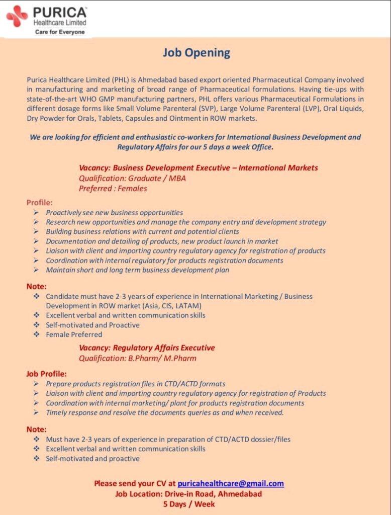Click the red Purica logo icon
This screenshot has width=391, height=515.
click(17, 17)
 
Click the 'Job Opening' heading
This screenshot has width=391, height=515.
click(196, 52)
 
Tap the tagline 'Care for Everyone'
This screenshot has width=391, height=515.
click(60, 32)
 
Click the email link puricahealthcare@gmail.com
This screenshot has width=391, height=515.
click(231, 483)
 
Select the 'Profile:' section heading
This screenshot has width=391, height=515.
click(40, 203)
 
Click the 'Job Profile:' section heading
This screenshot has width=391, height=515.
click(46, 374)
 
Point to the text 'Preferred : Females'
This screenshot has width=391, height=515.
click(113, 189)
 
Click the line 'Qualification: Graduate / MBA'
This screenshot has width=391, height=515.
click(132, 178)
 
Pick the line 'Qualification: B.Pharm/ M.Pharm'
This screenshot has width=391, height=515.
click(138, 358)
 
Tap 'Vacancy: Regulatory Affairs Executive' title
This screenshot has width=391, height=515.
click(147, 348)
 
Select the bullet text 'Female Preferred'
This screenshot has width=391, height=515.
click(74, 334)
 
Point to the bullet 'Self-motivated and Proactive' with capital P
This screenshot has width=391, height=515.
click(92, 325)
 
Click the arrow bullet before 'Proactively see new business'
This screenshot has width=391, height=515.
click(36, 213)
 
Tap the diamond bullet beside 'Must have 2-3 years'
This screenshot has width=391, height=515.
click(36, 439)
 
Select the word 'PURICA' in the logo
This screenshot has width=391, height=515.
click(60, 12)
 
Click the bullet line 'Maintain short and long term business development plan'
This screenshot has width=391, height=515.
click(137, 270)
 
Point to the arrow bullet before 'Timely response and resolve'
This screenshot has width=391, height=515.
click(36, 412)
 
